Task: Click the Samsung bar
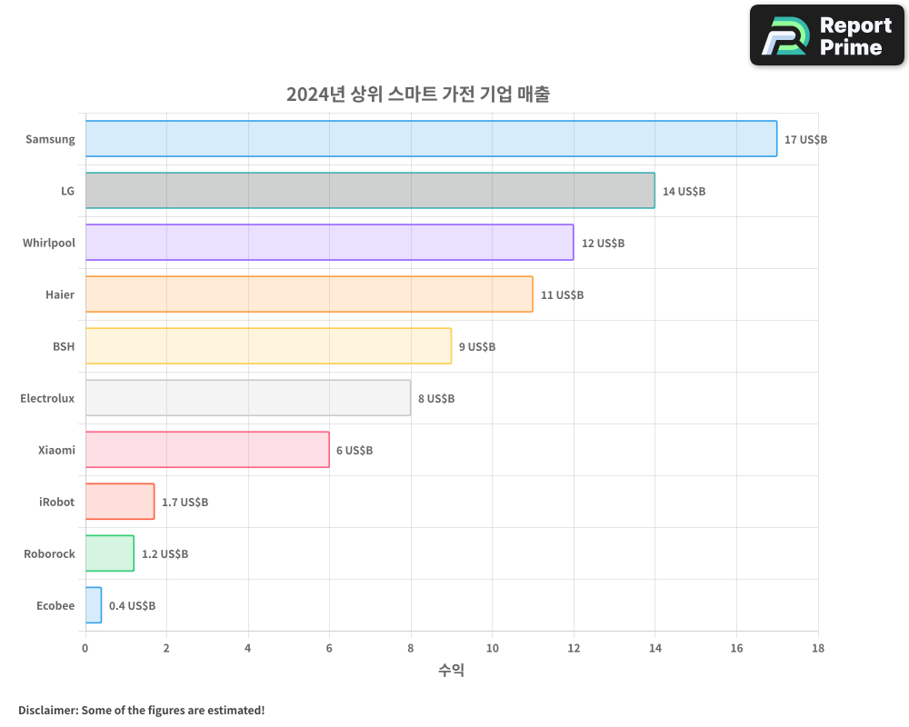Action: click(431, 139)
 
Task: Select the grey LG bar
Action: click(370, 191)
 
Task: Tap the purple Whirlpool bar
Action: click(329, 243)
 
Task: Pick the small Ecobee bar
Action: click(94, 605)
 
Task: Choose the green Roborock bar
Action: click(110, 553)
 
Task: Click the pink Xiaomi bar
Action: click(207, 450)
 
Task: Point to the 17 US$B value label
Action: click(805, 140)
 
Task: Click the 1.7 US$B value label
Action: click(185, 503)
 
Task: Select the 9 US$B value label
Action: click(477, 347)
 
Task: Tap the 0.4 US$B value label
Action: click(132, 606)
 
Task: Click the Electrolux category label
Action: click(47, 398)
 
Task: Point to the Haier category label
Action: click(60, 294)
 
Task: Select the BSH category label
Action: click(64, 346)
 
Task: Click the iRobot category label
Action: click(56, 502)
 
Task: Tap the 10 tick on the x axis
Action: click(492, 649)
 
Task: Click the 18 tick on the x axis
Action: click(817, 649)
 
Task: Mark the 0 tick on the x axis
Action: click(85, 649)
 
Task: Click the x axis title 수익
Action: click(451, 671)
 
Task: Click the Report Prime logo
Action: click(827, 35)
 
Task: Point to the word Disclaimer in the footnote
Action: click(46, 711)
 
